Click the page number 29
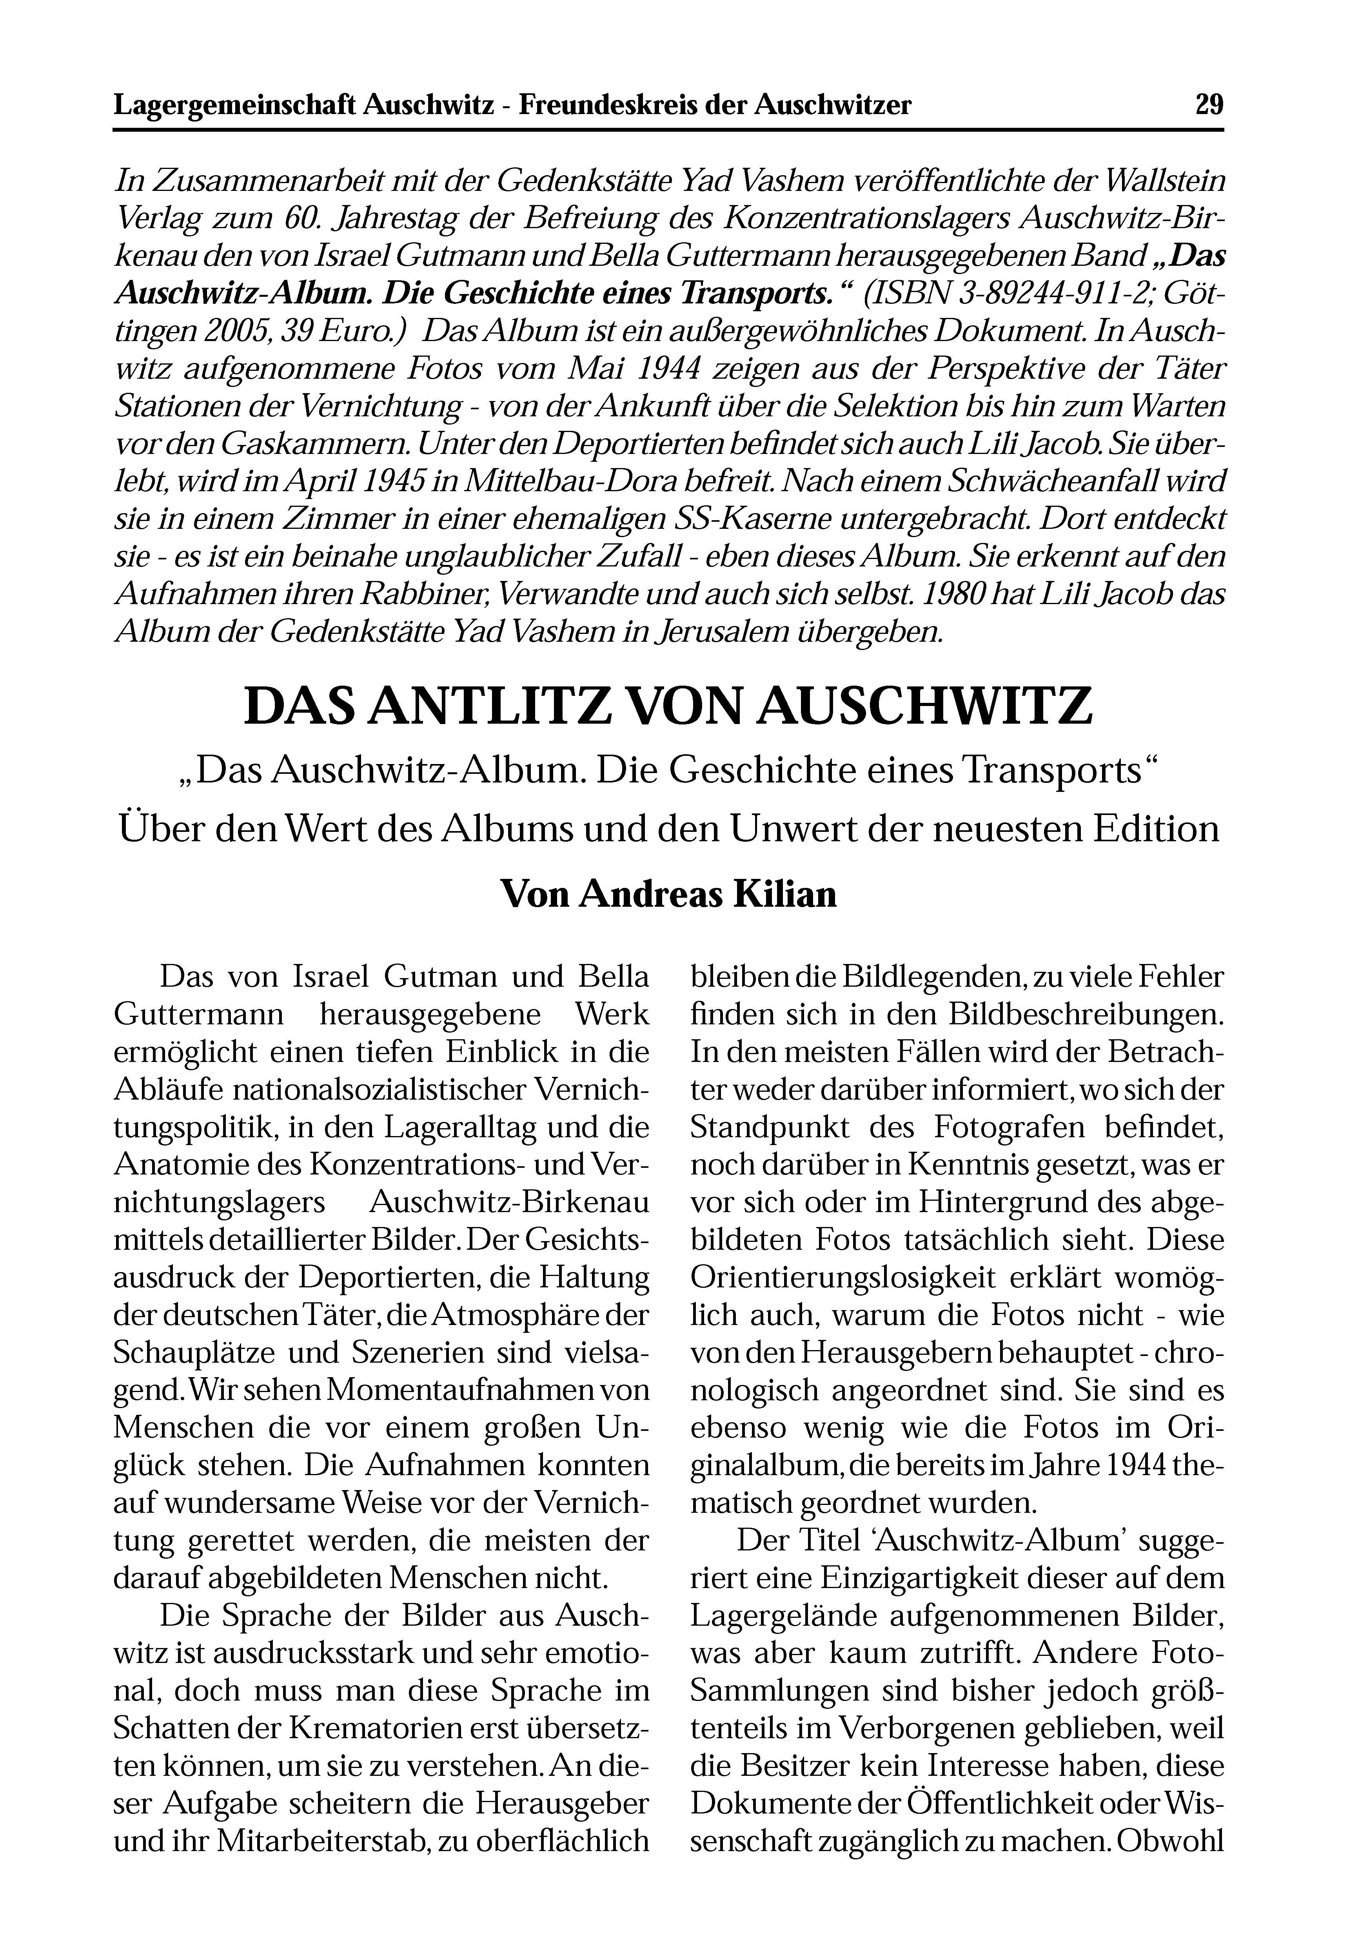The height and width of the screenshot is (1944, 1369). coord(1209,105)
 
